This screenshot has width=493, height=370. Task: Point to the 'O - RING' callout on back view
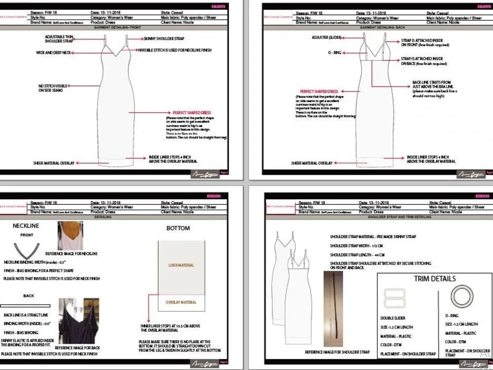(x=336, y=51)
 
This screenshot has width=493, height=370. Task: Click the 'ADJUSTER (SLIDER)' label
(x=326, y=37)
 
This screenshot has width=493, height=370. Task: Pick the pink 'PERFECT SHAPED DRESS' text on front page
(x=192, y=113)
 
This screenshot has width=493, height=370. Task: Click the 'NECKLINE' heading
(x=26, y=226)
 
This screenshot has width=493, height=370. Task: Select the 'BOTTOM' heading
(x=178, y=228)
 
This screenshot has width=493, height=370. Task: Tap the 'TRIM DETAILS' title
(x=435, y=279)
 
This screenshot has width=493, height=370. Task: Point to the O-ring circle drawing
(x=461, y=297)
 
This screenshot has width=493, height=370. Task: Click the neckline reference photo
(x=70, y=235)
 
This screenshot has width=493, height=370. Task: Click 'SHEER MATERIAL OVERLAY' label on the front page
(x=53, y=162)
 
